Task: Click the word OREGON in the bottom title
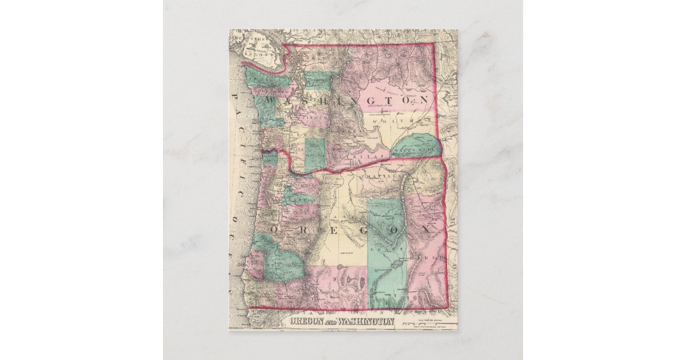coord(308,321)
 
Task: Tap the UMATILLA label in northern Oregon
coord(378,177)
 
